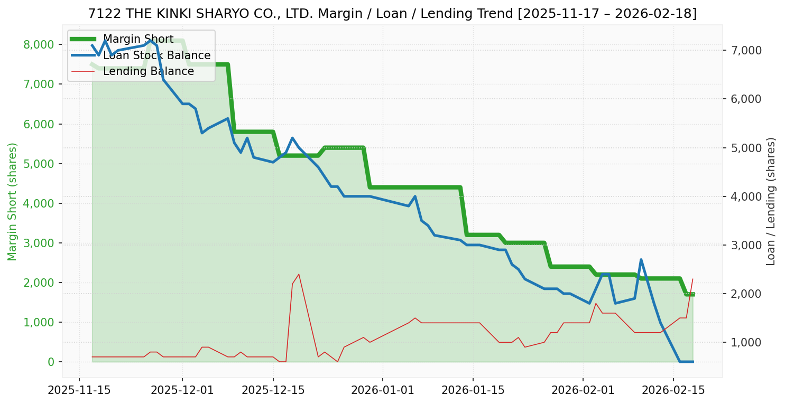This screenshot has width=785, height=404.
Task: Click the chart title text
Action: (392, 14)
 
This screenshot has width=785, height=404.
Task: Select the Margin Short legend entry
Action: (138, 39)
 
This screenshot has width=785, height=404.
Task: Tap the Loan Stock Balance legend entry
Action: (156, 55)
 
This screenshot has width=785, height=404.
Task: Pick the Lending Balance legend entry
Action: (148, 71)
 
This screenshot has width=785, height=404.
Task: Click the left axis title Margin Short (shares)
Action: (12, 201)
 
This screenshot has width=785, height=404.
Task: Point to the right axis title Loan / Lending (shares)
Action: (771, 201)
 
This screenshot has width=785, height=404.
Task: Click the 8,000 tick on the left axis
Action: (39, 44)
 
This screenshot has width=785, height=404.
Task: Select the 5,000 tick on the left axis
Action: (39, 164)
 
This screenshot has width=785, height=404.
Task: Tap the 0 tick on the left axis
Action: (51, 362)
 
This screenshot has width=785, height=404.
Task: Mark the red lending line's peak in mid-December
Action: (299, 274)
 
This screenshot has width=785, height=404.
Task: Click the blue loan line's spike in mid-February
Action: (641, 260)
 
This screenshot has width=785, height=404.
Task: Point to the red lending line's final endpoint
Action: (692, 279)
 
